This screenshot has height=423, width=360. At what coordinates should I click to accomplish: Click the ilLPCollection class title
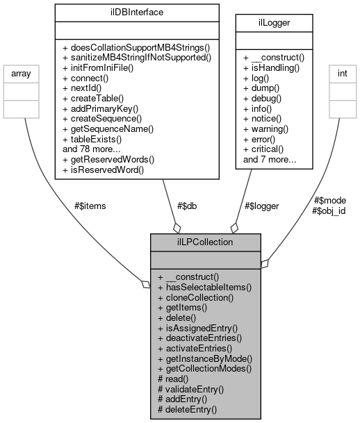(x=206, y=242)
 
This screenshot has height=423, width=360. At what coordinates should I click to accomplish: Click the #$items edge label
(x=90, y=205)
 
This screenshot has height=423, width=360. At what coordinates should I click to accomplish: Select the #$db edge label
(x=183, y=205)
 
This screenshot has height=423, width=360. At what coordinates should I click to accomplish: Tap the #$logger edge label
(x=261, y=205)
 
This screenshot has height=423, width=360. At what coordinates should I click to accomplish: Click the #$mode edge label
(x=329, y=201)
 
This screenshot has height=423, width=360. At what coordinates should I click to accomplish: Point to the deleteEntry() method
(x=188, y=410)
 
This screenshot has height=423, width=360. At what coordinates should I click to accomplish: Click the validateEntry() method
(x=191, y=390)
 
